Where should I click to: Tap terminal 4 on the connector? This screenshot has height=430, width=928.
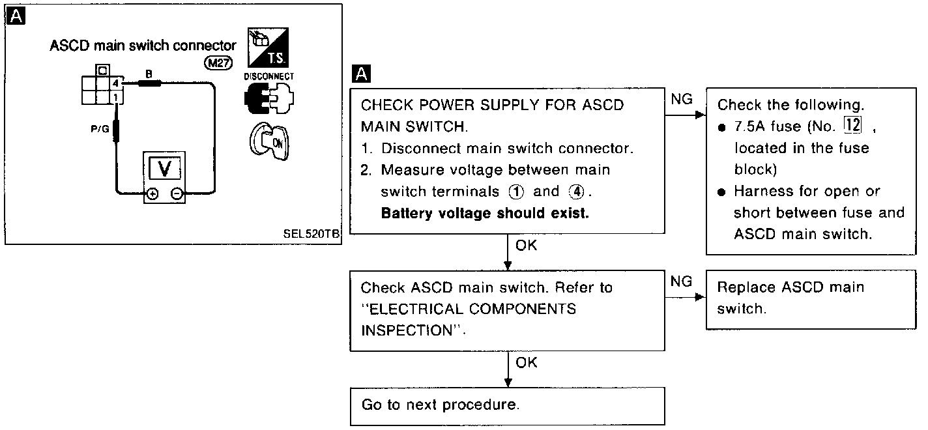click(x=115, y=84)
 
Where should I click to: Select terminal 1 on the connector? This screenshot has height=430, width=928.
click(x=115, y=97)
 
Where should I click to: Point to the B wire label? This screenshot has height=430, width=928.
click(x=148, y=75)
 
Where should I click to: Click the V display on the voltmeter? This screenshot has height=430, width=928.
click(x=164, y=169)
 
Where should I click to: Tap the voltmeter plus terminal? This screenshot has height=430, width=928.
click(x=152, y=193)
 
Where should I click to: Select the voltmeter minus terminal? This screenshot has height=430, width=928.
click(x=177, y=193)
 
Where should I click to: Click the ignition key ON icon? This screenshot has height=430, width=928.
click(x=268, y=140)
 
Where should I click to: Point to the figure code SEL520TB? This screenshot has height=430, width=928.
click(x=312, y=234)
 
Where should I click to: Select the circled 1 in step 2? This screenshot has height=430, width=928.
click(x=516, y=192)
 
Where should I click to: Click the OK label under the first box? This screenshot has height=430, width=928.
click(x=526, y=246)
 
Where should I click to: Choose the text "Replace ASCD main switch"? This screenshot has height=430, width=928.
click(x=790, y=298)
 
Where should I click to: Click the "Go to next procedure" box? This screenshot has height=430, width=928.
click(x=507, y=405)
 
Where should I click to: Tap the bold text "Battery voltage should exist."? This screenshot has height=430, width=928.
click(x=485, y=213)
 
